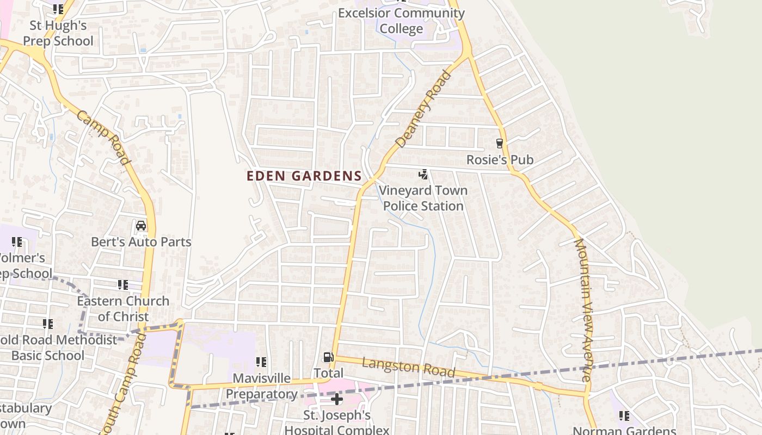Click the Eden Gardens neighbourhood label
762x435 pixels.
304,176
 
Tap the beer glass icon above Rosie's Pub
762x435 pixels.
499,144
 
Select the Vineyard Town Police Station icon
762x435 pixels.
423,175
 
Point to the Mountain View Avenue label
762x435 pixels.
583,310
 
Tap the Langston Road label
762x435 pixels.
408,368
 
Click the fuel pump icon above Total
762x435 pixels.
328,357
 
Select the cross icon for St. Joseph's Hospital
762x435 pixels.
337,400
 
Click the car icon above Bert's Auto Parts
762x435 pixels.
141,225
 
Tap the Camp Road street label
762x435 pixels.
103,138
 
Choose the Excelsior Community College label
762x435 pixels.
401,21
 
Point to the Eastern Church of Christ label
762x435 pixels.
123,308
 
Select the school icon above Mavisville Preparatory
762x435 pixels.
261,362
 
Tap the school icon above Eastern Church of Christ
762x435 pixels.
123,285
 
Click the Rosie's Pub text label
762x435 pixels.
500,160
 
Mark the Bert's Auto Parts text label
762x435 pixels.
141,242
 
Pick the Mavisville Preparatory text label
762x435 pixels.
262,386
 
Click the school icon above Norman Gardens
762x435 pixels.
624,416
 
